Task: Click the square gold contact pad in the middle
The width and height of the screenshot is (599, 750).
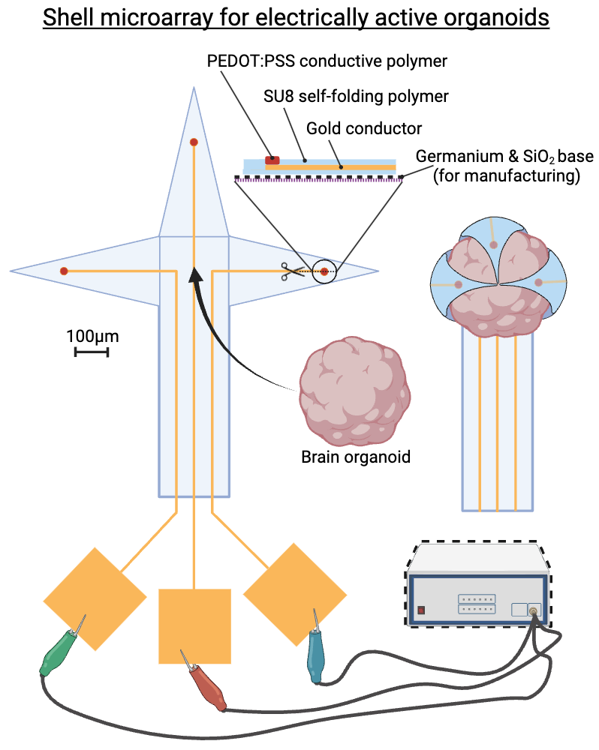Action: [194, 626]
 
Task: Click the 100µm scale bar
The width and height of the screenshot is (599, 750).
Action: [92, 351]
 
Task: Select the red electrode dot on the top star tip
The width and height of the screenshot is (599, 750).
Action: [194, 142]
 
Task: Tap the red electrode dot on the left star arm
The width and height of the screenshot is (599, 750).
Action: [65, 271]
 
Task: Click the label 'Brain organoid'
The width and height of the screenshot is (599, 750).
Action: [356, 456]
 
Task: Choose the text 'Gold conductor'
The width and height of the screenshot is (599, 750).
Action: [364, 128]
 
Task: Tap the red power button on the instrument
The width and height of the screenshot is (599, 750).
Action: [422, 609]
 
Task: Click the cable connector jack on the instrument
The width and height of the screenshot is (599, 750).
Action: [534, 612]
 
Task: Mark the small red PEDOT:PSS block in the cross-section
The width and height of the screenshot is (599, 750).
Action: [272, 160]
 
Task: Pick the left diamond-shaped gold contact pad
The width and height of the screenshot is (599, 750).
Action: [95, 599]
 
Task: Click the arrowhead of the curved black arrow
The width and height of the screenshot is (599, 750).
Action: [195, 274]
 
